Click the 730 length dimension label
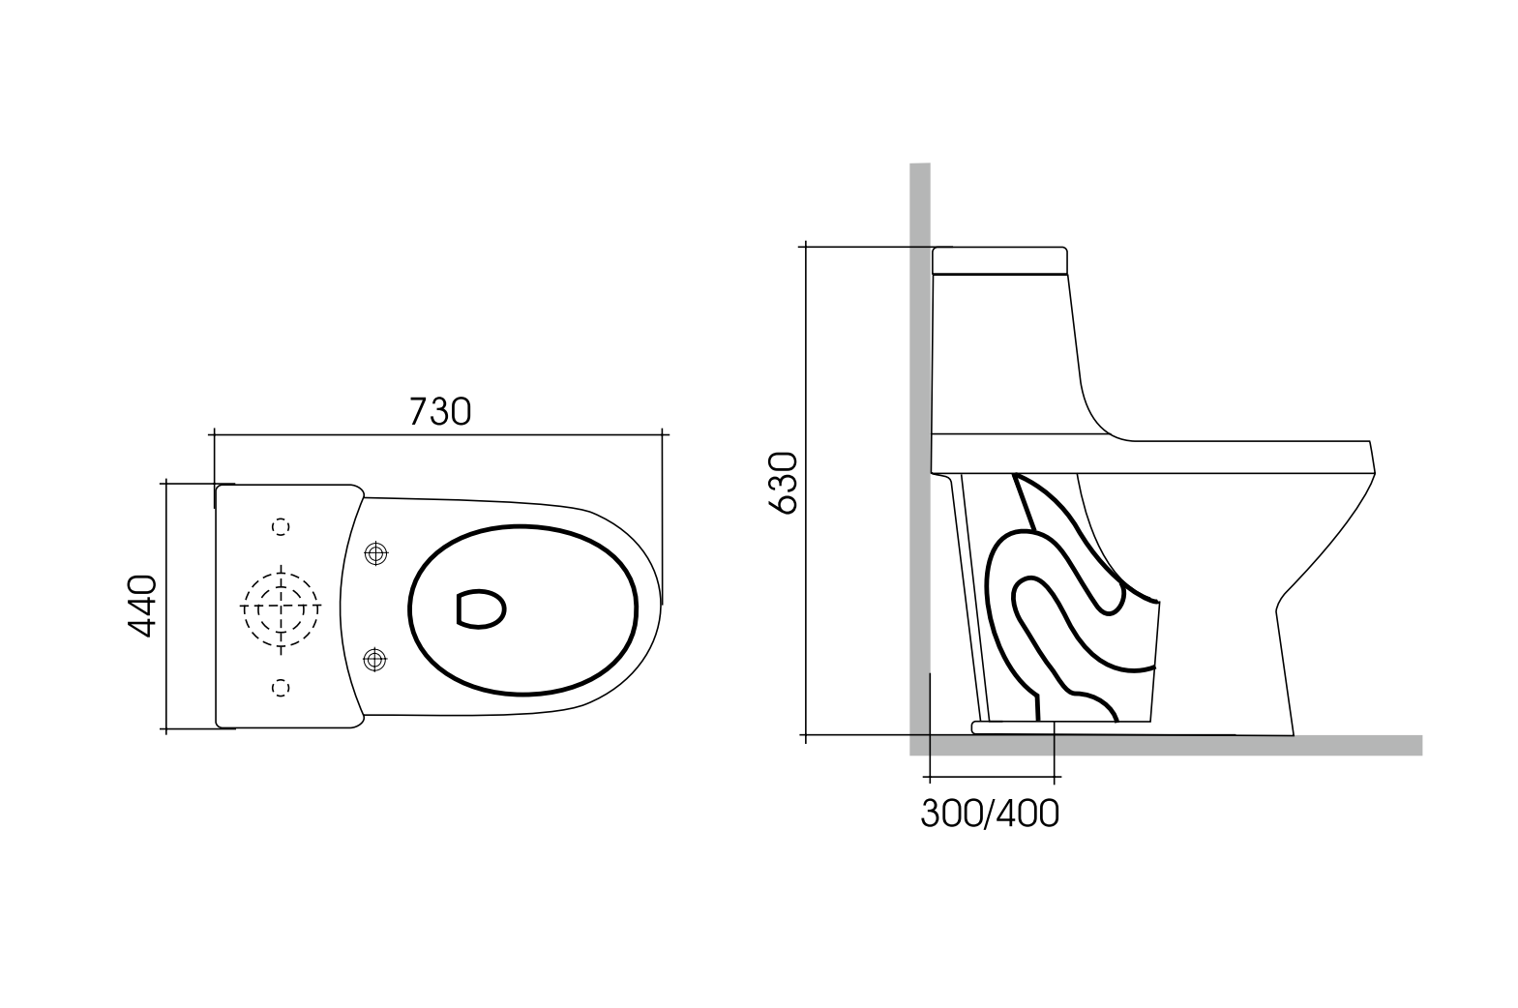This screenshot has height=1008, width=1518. [440, 411]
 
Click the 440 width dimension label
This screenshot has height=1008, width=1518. [142, 606]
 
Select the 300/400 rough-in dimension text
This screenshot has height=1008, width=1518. [989, 814]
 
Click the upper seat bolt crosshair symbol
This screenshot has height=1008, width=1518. [375, 553]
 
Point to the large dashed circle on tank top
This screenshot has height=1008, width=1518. [280, 608]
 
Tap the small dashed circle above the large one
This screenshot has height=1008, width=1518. [281, 526]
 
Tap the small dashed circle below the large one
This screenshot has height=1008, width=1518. [281, 687]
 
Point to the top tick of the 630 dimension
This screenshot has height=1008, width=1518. [804, 248]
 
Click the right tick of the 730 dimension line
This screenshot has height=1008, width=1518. [663, 436]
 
